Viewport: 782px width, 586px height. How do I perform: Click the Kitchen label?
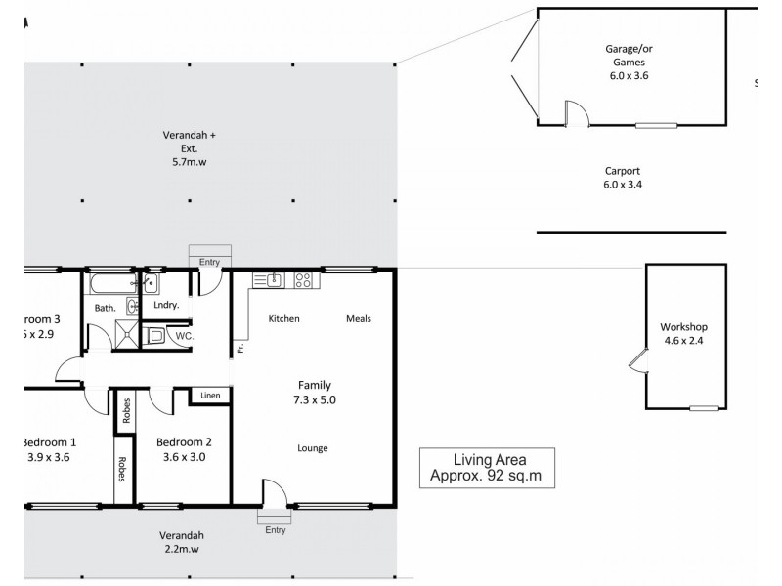coord(283,319)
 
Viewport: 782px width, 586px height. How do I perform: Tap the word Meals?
coord(359,319)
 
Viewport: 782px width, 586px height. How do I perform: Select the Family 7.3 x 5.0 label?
coord(313,392)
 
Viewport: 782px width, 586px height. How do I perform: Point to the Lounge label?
coord(313,448)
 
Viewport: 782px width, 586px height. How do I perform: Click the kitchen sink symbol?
coord(273,280)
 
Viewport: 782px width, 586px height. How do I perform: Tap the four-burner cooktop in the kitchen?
coord(302,280)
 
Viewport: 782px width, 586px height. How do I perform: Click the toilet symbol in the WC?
coord(155,336)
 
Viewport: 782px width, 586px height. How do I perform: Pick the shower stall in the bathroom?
coord(125,335)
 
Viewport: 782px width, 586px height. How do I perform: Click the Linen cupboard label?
coord(210,396)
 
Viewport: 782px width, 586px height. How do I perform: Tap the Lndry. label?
coord(165,306)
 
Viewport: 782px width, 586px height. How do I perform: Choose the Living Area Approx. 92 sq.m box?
coord(486,469)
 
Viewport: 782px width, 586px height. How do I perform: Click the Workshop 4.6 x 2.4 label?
coord(683,334)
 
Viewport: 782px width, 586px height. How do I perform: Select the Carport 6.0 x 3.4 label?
coord(623,176)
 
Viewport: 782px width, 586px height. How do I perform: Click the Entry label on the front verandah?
coord(275,530)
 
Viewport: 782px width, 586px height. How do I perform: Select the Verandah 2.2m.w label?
coord(183,542)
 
